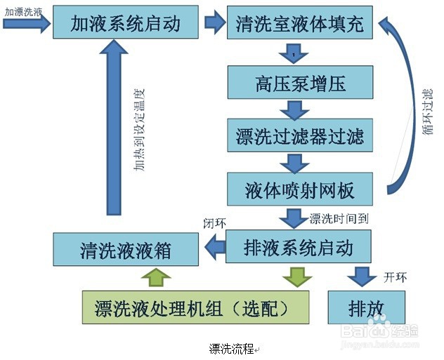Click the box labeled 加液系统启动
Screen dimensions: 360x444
(126, 25)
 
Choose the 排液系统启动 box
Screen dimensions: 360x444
(298, 247)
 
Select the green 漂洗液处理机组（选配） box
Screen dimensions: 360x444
(195, 307)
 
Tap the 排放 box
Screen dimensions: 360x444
(367, 307)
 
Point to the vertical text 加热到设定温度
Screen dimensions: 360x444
(140, 130)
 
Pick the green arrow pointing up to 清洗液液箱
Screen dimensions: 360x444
(155, 277)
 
